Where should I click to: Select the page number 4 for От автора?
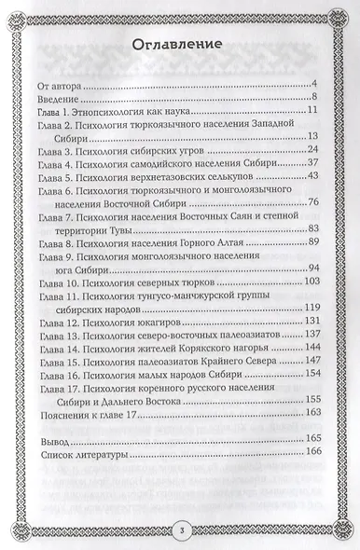(x=318, y=85)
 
